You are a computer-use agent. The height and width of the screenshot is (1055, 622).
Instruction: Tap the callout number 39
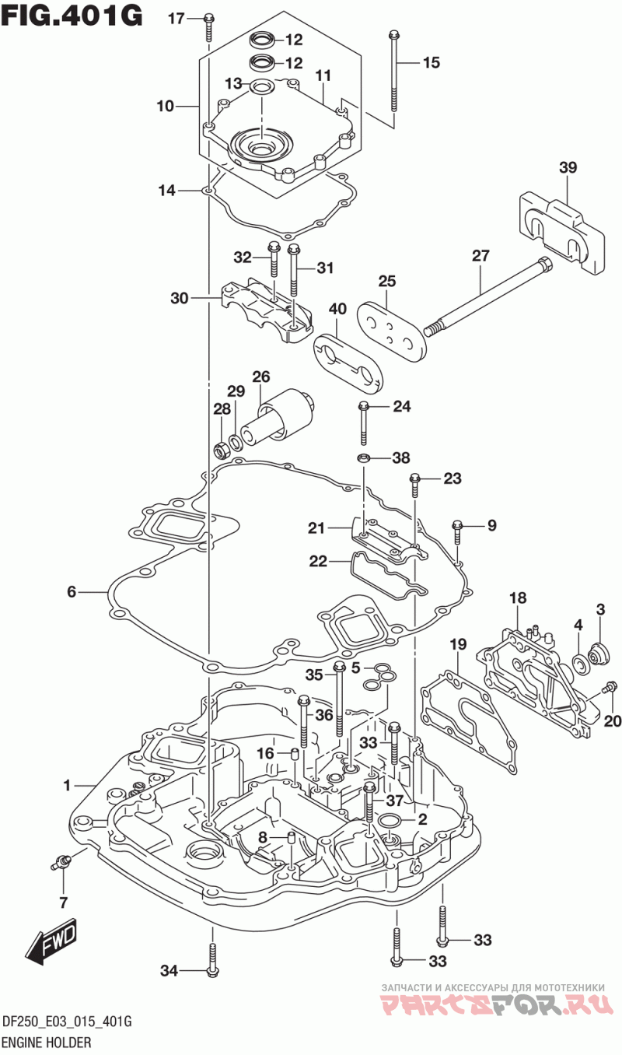click(568, 167)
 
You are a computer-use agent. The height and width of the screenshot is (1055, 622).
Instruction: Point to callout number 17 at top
click(176, 19)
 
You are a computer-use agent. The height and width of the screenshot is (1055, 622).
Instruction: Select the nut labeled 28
click(220, 450)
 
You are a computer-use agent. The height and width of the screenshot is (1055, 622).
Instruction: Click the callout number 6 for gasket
click(72, 591)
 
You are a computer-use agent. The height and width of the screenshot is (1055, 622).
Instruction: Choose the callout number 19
click(458, 644)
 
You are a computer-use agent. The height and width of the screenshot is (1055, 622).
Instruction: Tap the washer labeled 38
click(363, 457)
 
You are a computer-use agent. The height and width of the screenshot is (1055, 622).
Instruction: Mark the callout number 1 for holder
click(67, 785)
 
